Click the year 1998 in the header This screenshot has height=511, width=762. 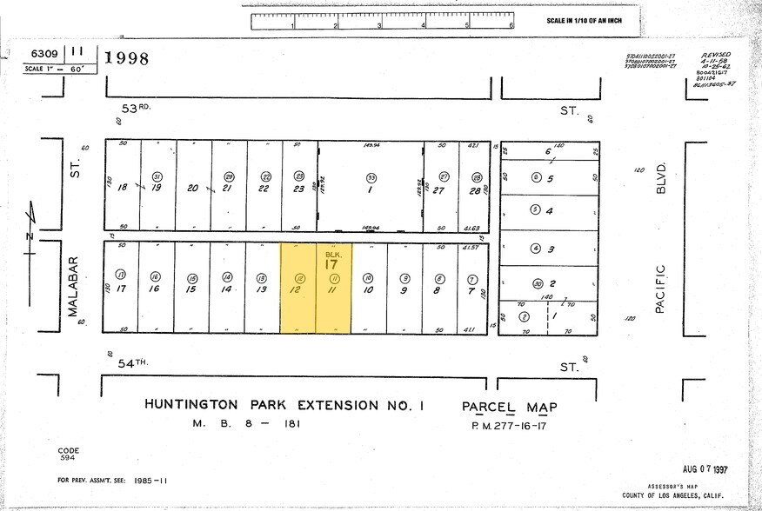pos(127,59)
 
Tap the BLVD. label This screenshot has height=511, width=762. pos(661,178)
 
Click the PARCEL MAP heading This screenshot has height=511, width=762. pos(509,406)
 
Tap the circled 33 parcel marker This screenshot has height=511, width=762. pos(371,176)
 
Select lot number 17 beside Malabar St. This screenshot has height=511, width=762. pos(122,290)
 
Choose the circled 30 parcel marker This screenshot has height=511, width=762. pos(538,283)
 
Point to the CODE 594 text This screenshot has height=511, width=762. pos(68,455)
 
